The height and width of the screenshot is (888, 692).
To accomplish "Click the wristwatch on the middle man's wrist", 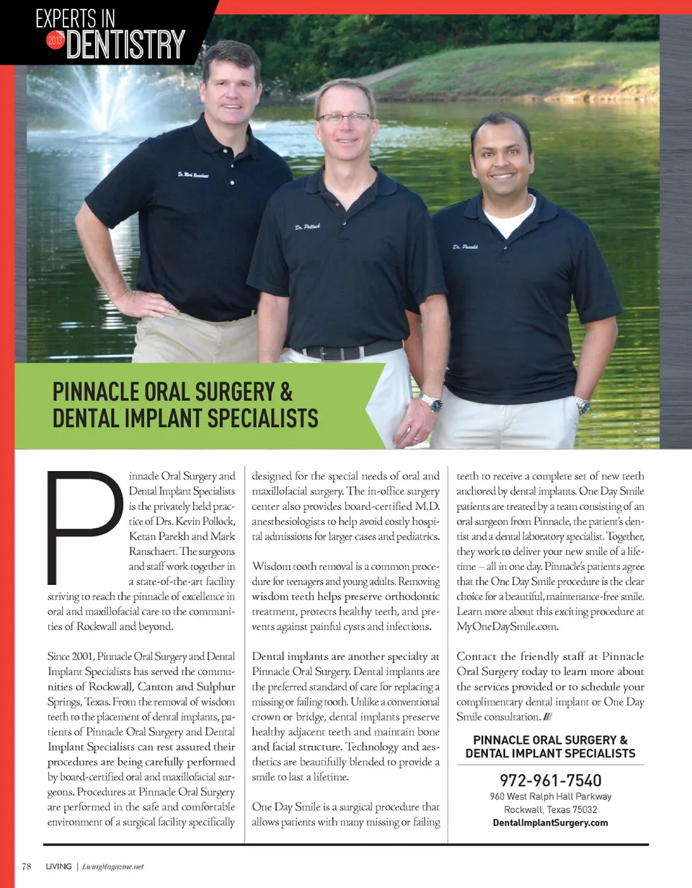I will coord(431,403).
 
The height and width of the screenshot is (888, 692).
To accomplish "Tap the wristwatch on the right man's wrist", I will coord(582,406).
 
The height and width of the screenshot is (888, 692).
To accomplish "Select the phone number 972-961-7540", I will coord(551,781).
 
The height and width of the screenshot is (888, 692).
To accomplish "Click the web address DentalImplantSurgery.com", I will coord(551,822).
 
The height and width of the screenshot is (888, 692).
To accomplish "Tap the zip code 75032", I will coord(582,809).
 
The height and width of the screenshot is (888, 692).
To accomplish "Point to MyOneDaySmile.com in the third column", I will coord(507,627).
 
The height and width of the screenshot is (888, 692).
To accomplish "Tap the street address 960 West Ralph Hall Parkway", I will coord(551,796).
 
